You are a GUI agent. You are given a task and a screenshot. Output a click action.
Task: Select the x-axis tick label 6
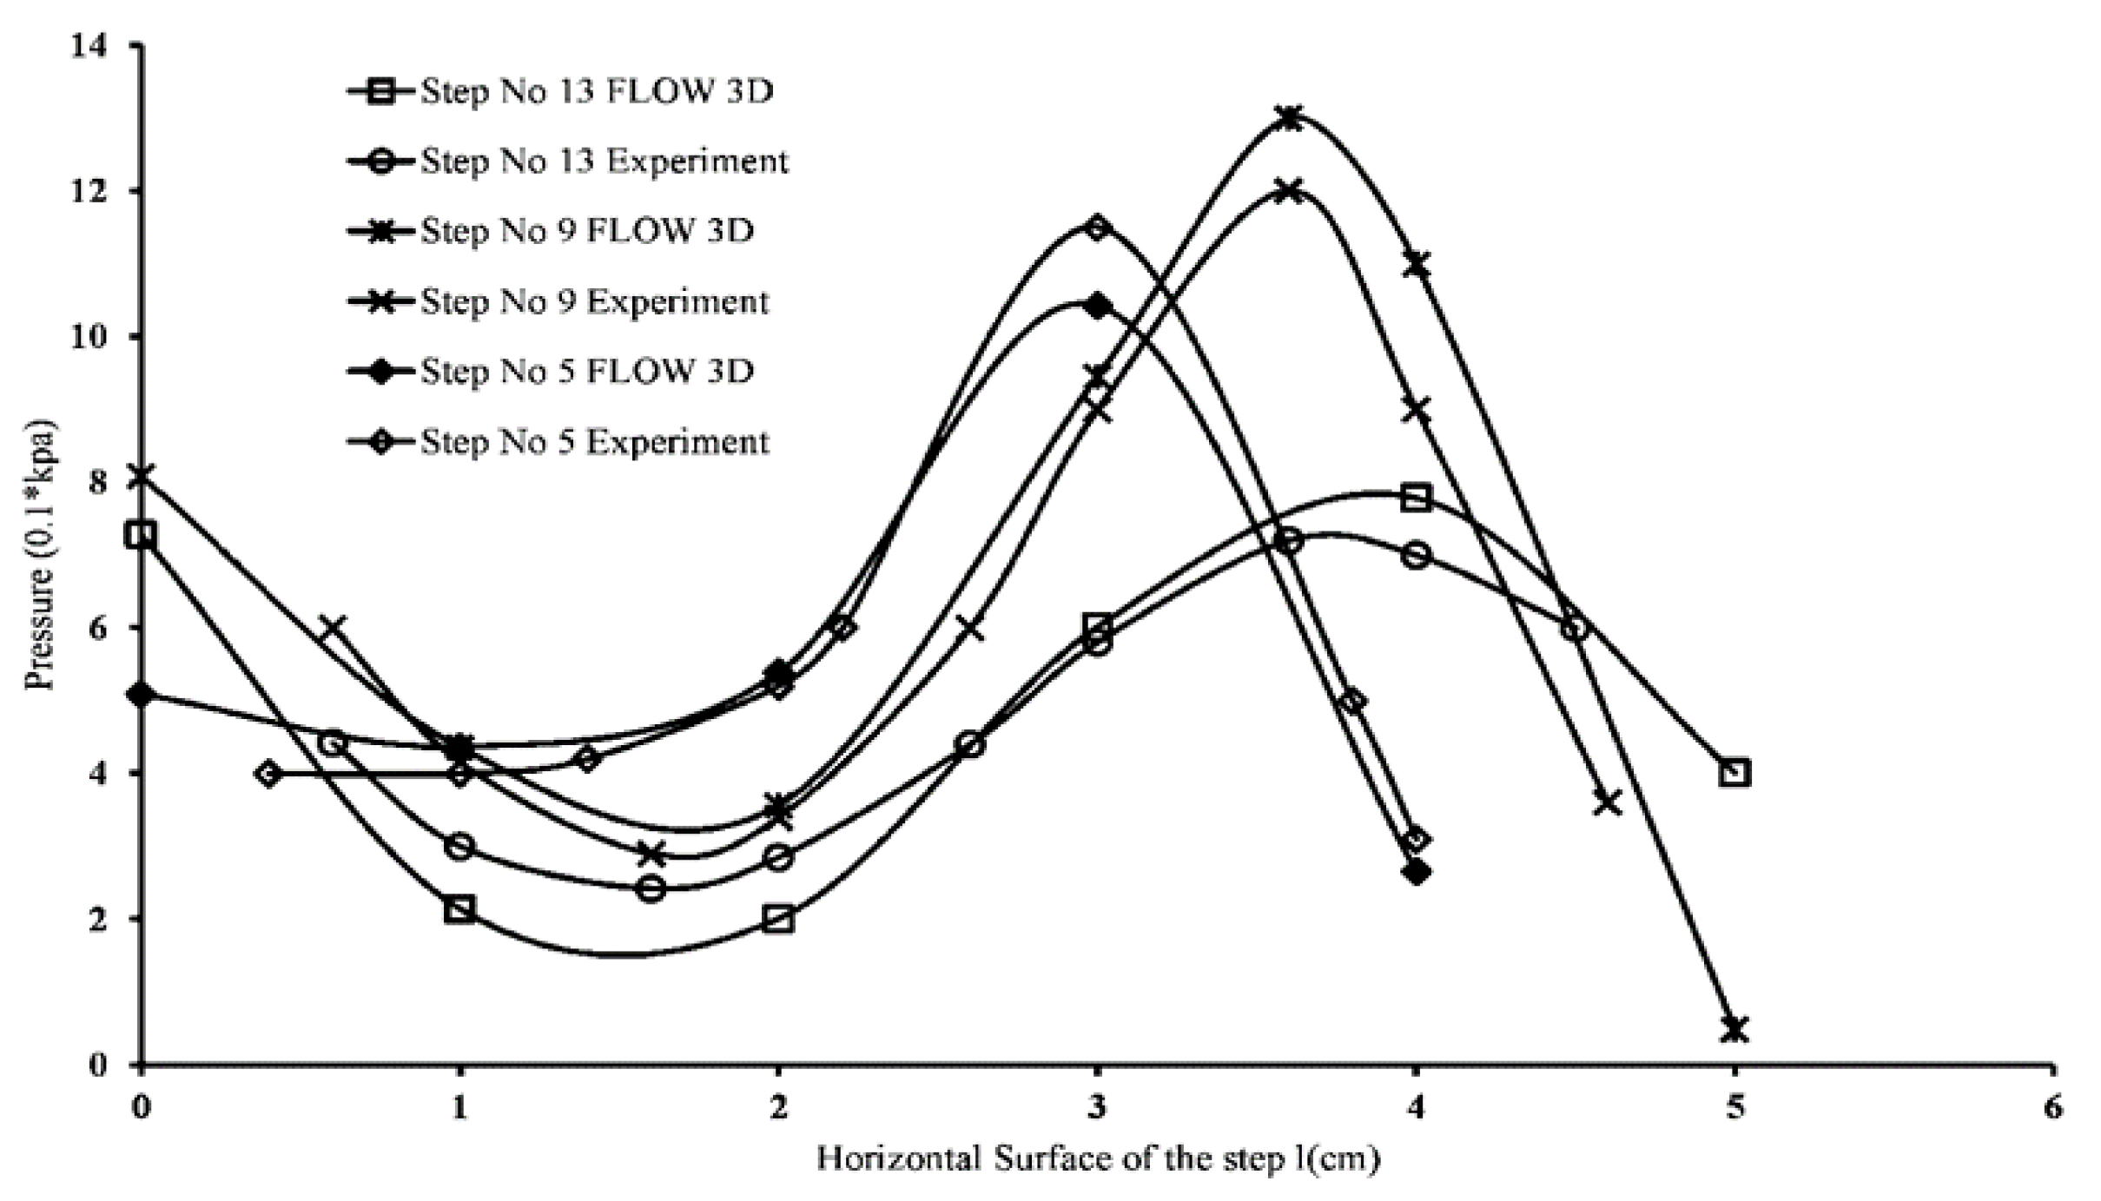tap(2051, 1109)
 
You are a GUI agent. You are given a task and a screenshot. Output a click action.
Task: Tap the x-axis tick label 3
tap(1097, 1109)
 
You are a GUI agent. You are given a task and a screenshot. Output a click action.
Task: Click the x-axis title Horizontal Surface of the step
tap(1097, 1159)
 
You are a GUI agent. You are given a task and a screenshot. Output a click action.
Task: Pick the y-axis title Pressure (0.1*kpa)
tap(40, 556)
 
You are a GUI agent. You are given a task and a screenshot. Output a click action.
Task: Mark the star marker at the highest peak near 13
tap(1289, 118)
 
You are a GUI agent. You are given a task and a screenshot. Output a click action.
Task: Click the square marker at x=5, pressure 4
tap(1734, 772)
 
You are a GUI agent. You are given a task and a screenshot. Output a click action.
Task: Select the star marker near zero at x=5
tap(1734, 1029)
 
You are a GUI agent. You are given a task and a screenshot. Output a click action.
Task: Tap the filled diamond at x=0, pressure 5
tap(142, 695)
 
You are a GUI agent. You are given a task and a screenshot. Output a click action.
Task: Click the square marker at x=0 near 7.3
tap(142, 534)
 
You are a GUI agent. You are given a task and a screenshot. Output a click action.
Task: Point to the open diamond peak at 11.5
tap(1097, 228)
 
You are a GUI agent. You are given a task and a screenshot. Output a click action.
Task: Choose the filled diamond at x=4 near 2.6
tap(1417, 872)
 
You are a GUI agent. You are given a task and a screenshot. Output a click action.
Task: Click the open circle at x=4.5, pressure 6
tap(1575, 628)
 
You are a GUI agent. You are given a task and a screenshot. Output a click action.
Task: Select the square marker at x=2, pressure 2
tap(779, 919)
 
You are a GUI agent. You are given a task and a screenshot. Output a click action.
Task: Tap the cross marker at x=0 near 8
tap(142, 475)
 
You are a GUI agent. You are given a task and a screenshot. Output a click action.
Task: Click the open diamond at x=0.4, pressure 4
tap(269, 773)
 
